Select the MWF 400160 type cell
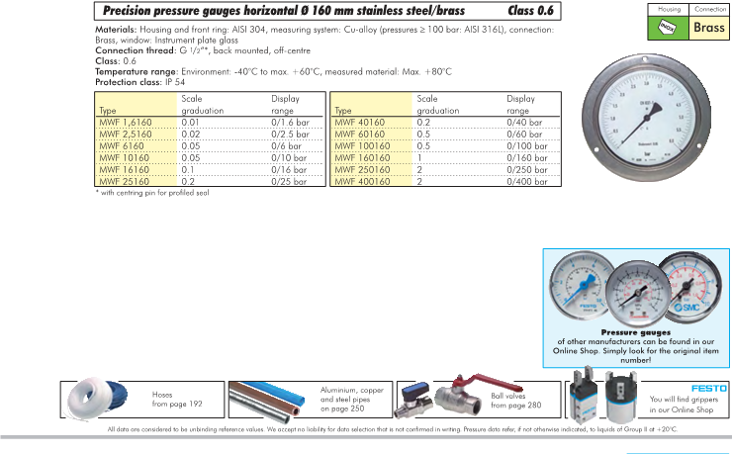point(359,182)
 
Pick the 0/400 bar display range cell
point(527,182)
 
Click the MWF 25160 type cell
point(125,182)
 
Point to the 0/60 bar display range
point(525,132)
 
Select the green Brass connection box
point(708,28)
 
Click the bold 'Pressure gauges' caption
point(636,332)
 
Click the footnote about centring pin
point(152,193)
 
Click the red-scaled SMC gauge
point(688,288)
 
